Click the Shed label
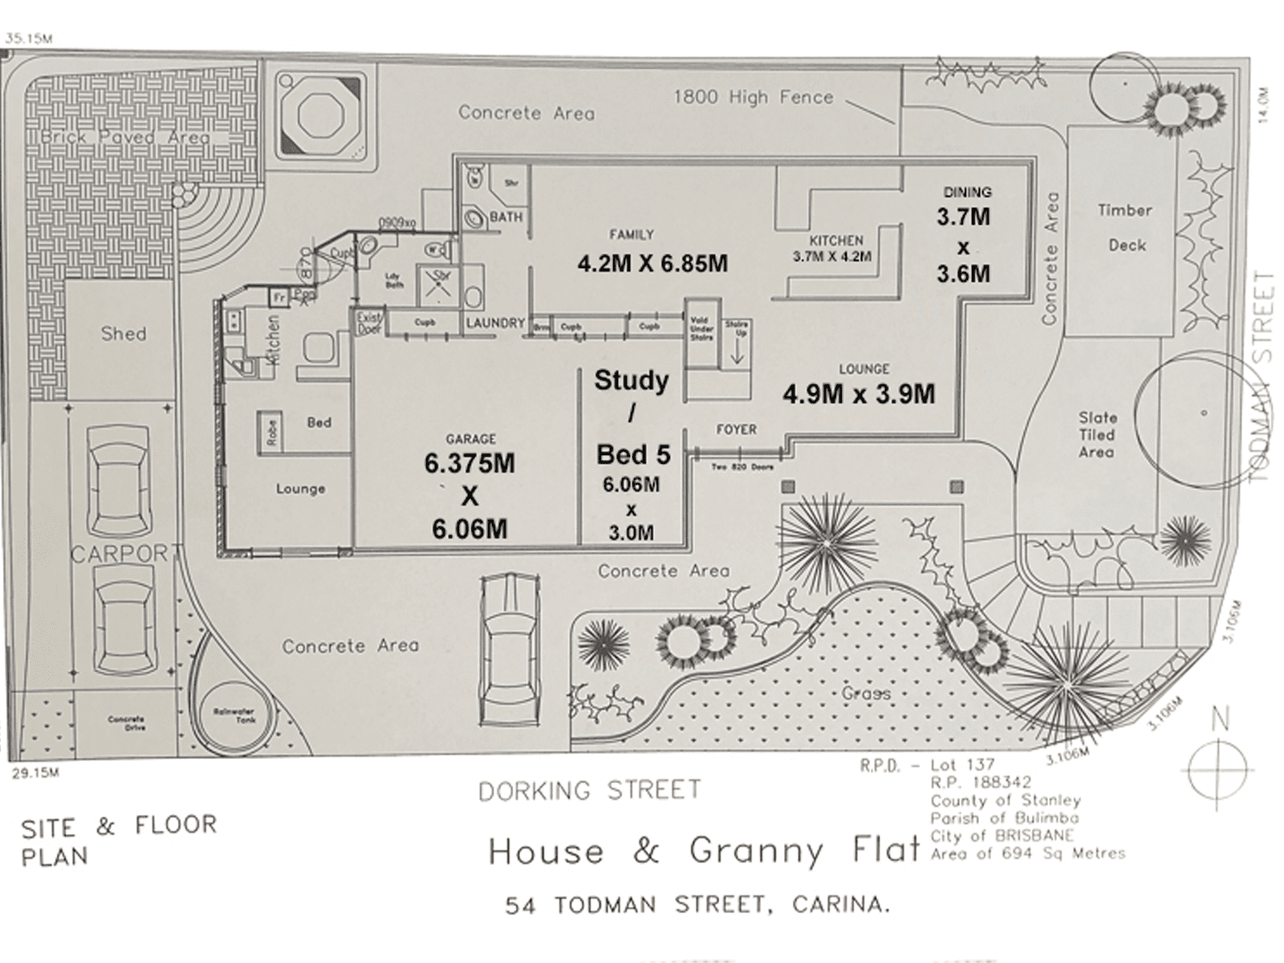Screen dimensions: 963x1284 coord(124,333)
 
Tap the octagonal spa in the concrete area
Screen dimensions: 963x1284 coord(321,116)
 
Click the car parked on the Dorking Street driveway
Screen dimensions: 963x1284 coord(508,650)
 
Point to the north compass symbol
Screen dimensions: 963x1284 coord(1219,768)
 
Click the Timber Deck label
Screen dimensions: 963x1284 coord(1125,227)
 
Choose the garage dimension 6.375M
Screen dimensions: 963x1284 coord(469,463)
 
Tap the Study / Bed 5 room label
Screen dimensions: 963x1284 coord(632,416)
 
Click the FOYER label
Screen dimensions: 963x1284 coord(736,429)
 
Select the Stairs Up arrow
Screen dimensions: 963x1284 coord(737,351)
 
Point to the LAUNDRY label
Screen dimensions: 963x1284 coord(495,323)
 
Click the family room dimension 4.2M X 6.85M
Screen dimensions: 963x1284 coord(652,263)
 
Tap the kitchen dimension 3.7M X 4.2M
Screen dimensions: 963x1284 coord(832,257)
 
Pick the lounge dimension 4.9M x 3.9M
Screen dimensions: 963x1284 coord(859,394)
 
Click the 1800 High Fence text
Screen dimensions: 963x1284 coord(754,97)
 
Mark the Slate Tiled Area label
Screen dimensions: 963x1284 coord(1097,434)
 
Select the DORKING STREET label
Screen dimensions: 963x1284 coord(589,790)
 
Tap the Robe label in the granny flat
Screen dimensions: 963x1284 coord(272,433)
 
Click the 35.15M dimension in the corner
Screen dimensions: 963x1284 coord(28,38)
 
